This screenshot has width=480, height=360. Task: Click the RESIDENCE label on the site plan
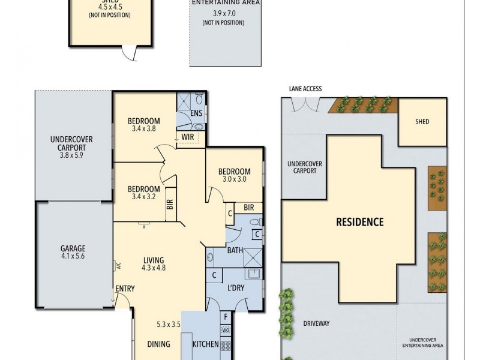coord(359,222)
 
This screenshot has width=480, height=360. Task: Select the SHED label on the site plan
coord(422,122)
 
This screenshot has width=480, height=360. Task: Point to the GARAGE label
coord(73,248)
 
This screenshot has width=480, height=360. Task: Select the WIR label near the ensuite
coord(188,137)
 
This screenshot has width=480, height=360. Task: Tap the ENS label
coord(196,113)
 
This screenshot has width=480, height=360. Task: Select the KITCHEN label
coord(205,345)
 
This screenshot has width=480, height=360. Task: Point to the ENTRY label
coord(125,289)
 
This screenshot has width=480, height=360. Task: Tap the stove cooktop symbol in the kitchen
coord(226,346)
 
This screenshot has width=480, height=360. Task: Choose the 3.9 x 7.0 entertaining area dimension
coord(225,13)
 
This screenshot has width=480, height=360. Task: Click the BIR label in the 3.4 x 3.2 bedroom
coord(170,204)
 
